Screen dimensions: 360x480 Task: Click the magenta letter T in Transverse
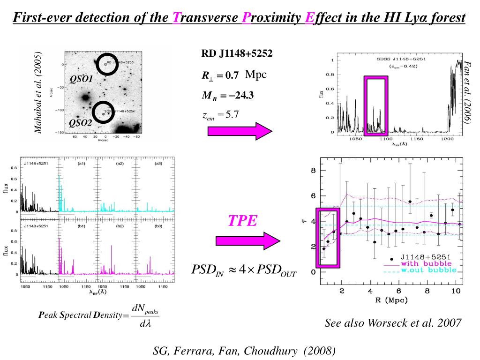176,18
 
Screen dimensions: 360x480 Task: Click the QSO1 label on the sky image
82,79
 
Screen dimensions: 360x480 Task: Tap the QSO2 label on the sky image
81,123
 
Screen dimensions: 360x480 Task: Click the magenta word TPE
243,221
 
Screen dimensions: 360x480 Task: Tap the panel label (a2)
120,164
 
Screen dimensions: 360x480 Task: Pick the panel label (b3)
158,226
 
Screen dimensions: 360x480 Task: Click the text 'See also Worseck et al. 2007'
393,323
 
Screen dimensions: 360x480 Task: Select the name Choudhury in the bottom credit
272,351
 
